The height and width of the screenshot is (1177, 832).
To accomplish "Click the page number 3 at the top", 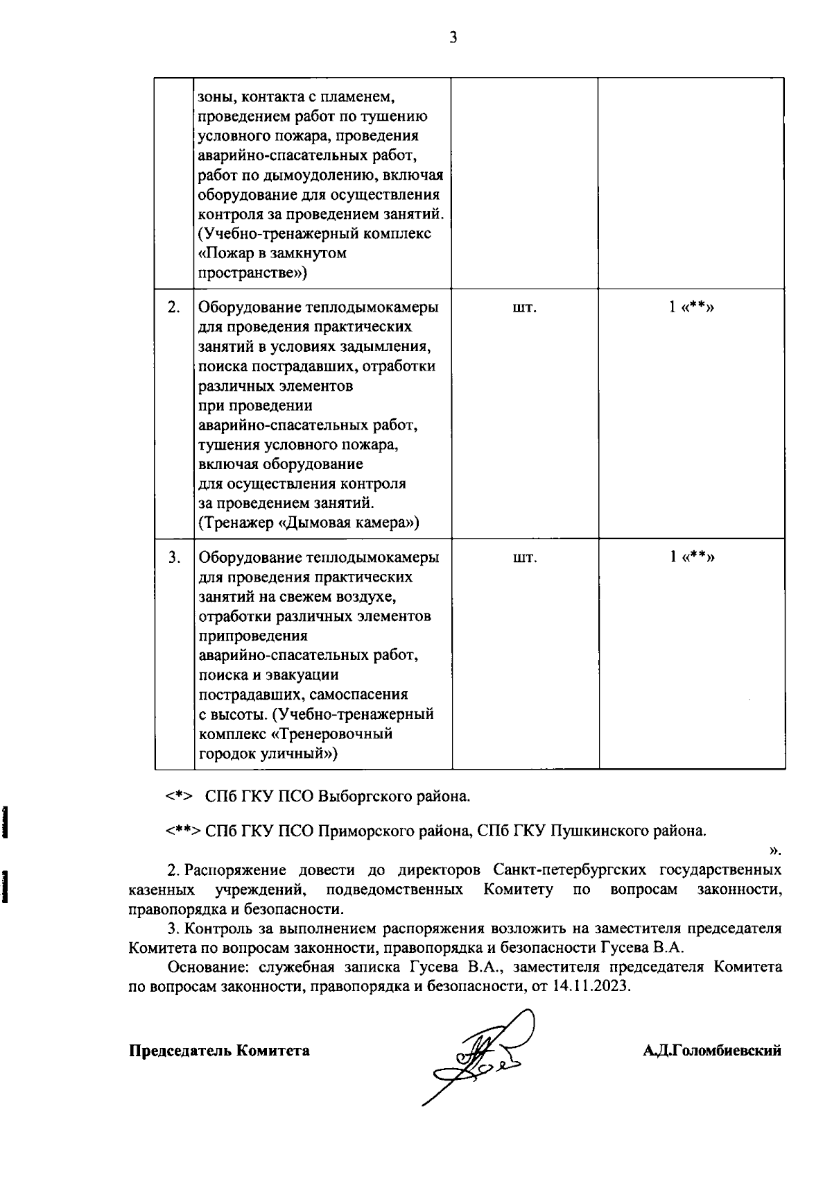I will point(453,37).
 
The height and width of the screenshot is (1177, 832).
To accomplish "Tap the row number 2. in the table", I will point(175,307).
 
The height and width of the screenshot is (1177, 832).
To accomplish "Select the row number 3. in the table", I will point(175,557).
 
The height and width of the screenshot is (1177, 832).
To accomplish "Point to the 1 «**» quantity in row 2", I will point(691,307).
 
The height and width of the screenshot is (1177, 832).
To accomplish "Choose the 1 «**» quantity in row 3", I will point(691,557).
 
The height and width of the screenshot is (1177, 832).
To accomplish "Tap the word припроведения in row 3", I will point(253,636).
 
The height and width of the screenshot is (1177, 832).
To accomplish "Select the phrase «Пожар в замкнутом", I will point(272,253).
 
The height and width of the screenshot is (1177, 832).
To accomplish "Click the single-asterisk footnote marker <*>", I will point(178,797).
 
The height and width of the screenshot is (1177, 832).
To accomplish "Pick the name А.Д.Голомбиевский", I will point(711,1051).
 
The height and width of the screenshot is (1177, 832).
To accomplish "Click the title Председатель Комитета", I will point(219,1051).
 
